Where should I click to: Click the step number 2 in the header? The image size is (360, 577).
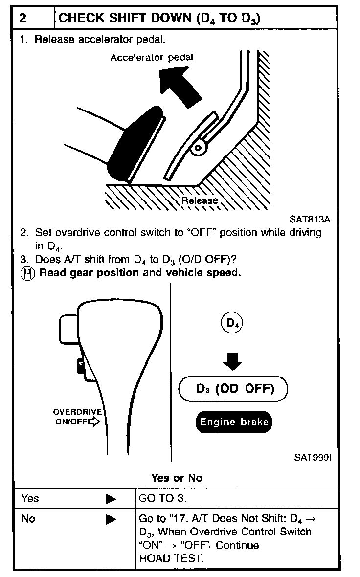pyautogui.click(x=23, y=19)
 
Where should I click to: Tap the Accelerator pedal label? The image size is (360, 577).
pyautogui.click(x=151, y=57)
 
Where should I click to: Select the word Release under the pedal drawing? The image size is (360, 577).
pyautogui.click(x=199, y=200)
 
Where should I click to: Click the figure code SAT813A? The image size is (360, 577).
pyautogui.click(x=310, y=219)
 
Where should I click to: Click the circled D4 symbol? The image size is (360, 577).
pyautogui.click(x=232, y=323)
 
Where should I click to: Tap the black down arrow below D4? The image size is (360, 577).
pyautogui.click(x=232, y=362)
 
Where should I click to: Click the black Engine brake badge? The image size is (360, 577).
pyautogui.click(x=233, y=422)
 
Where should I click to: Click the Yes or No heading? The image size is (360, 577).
pyautogui.click(x=177, y=478)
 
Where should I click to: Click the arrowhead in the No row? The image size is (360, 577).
pyautogui.click(x=111, y=519)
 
